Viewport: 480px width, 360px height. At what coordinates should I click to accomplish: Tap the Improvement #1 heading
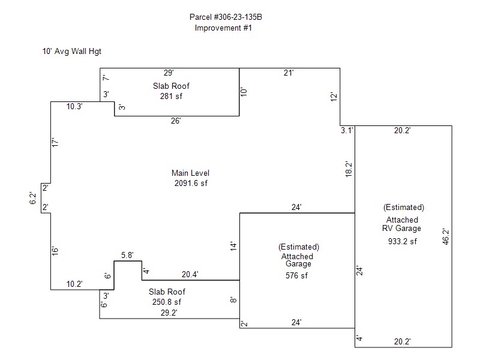tap(223, 28)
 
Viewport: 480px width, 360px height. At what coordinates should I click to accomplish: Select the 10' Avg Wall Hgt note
tap(71, 51)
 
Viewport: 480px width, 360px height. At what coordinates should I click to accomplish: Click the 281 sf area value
tap(171, 96)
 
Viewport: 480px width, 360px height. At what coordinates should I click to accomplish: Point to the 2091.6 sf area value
tap(191, 183)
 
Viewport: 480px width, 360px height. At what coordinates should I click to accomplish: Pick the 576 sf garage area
tap(296, 275)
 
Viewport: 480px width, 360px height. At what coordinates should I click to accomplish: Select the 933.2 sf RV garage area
tap(402, 241)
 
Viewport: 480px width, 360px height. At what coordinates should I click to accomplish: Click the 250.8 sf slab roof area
tap(167, 302)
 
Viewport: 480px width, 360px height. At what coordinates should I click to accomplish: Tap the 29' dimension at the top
tap(169, 73)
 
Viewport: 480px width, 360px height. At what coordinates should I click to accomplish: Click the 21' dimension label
tap(289, 73)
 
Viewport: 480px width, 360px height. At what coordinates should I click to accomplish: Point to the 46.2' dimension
tap(446, 236)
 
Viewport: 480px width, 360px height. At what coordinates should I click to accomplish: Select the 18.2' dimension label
tap(349, 169)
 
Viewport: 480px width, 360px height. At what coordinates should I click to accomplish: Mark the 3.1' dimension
tap(347, 130)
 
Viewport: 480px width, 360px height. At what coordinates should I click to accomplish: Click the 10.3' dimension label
tap(74, 107)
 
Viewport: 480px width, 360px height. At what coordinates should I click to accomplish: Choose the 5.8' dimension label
tap(127, 256)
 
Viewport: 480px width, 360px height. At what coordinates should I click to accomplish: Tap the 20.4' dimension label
tap(190, 274)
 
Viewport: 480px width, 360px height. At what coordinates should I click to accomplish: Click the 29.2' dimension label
tap(169, 313)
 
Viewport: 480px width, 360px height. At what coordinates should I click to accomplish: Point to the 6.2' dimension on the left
tap(33, 198)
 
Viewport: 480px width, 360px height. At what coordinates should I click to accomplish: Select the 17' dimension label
tap(55, 142)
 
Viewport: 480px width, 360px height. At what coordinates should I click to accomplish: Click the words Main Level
tap(190, 173)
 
